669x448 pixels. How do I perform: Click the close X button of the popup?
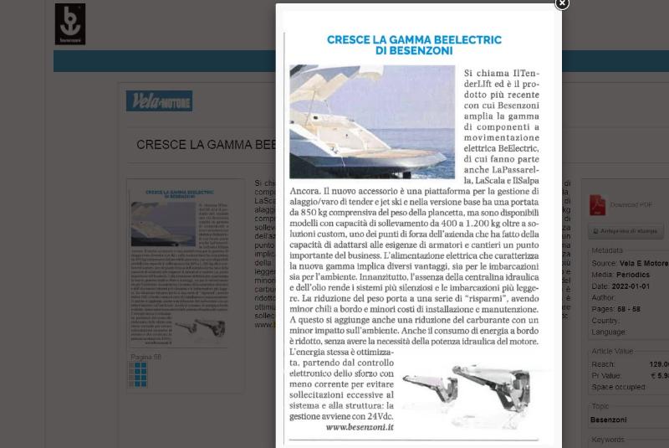click(562, 4)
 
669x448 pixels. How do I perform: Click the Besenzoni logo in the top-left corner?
click(70, 23)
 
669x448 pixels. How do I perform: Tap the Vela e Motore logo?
click(159, 101)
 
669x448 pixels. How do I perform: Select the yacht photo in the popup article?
click(371, 121)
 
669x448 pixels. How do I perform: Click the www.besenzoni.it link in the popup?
click(360, 427)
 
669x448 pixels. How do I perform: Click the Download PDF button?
click(631, 204)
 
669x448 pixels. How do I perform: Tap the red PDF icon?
click(597, 204)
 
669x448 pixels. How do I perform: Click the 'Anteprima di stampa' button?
click(626, 231)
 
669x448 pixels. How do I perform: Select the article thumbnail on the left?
click(177, 263)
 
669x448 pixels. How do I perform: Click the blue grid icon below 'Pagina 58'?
click(140, 373)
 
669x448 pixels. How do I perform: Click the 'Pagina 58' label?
click(146, 358)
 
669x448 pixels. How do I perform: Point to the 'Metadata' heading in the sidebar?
click(606, 250)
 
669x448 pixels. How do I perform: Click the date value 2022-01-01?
click(631, 286)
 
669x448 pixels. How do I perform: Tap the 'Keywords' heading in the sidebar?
click(607, 440)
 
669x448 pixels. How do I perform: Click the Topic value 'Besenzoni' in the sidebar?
click(609, 420)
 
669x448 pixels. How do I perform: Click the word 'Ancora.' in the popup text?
click(304, 192)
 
